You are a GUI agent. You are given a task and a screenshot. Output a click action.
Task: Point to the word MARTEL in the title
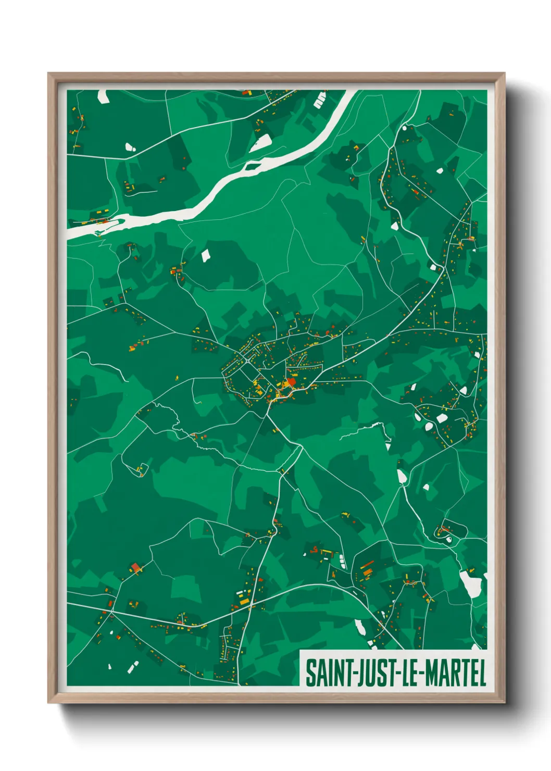pyautogui.click(x=456, y=673)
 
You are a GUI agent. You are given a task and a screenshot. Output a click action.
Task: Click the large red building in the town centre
pyautogui.click(x=292, y=382)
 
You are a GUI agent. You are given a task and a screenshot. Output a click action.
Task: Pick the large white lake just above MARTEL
pyautogui.click(x=470, y=583)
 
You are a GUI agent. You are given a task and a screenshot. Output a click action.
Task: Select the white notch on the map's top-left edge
pyautogui.click(x=102, y=96)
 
